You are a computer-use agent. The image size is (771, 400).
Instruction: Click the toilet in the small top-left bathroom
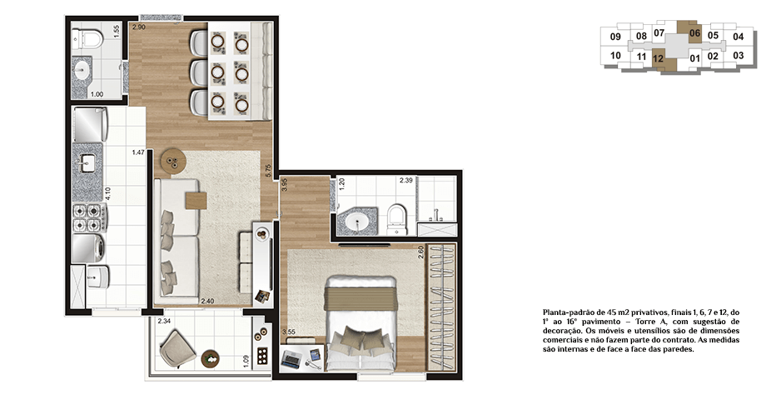click(87, 39)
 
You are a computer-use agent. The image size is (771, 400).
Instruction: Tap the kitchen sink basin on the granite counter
click(88, 163)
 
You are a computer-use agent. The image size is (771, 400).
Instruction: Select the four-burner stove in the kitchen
click(87, 218)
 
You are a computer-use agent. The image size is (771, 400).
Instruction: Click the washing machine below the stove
click(88, 248)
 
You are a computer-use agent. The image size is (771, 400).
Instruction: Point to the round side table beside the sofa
click(172, 162)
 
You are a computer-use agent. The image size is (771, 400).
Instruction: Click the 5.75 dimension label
click(268, 170)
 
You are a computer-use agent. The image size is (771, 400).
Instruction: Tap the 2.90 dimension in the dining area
click(139, 27)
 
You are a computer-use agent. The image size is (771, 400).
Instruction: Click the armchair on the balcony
click(177, 348)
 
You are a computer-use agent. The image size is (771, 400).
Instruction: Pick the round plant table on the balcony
click(211, 358)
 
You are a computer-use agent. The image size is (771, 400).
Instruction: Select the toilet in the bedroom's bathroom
click(396, 220)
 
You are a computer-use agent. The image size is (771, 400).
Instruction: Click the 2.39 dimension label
click(405, 180)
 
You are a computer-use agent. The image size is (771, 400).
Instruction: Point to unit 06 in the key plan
click(694, 33)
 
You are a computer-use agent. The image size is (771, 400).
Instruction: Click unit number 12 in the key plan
click(658, 58)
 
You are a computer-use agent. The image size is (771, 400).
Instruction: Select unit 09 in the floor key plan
click(615, 37)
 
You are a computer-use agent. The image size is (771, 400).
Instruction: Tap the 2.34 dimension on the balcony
click(164, 322)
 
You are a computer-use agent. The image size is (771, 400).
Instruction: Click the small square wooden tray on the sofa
click(196, 201)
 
